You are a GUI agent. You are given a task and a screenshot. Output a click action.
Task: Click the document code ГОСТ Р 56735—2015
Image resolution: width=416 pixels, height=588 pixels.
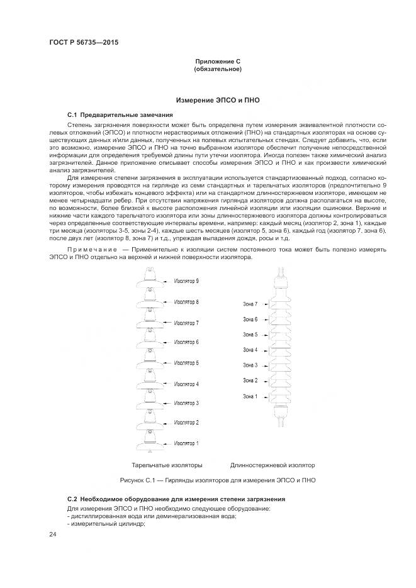point(84,42)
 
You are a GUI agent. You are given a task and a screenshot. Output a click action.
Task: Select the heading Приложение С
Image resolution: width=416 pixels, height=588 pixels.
point(218,61)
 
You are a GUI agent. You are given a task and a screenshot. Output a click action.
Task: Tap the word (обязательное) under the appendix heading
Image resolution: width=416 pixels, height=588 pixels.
point(218,69)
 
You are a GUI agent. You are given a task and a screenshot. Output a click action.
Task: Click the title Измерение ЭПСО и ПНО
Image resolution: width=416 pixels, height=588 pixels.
point(218,100)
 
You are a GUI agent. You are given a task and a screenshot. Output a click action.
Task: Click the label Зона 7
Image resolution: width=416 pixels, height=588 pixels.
point(250,304)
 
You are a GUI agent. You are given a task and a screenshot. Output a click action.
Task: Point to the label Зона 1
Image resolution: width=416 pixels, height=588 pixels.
point(250,396)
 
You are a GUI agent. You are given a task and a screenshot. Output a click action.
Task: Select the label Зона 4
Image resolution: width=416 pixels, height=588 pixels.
point(250,350)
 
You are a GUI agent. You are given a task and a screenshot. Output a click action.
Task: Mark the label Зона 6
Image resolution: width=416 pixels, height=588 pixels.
point(250,319)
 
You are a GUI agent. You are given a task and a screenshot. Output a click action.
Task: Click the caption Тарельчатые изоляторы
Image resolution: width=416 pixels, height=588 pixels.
point(167,465)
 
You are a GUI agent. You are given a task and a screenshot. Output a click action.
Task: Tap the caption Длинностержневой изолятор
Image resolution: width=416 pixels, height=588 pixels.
point(273,465)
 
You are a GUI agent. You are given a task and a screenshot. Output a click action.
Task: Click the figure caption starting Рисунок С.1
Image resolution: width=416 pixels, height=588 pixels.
point(218,480)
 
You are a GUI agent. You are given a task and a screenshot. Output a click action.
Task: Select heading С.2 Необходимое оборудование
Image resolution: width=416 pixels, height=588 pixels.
point(176,499)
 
